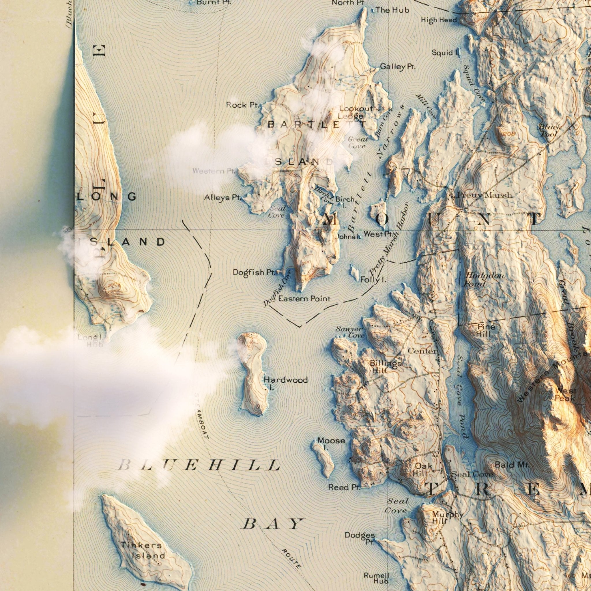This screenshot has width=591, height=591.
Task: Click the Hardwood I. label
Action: coord(286,383)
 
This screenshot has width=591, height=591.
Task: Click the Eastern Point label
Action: coord(304,298)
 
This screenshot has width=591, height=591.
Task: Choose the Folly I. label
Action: coord(373,279)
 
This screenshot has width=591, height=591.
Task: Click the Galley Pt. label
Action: coord(398,67)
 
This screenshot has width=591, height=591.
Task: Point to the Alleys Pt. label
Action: coord(223,198)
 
